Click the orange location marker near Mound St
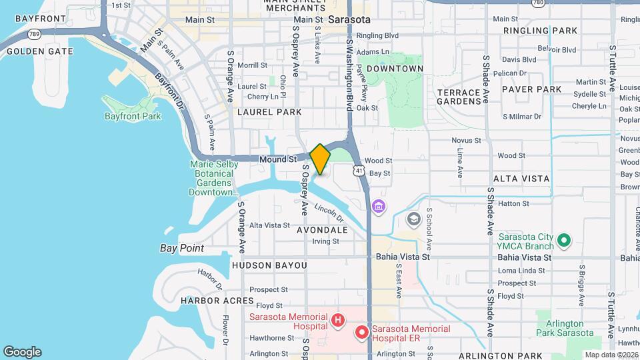pyautogui.click(x=321, y=159)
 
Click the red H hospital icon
pyautogui.click(x=338, y=321)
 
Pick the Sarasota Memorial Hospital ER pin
pyautogui.click(x=362, y=331)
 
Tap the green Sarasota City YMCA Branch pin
pyautogui.click(x=564, y=239)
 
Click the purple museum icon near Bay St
pyautogui.click(x=379, y=207)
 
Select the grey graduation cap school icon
pyautogui.click(x=414, y=219)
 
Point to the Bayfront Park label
pyautogui.click(x=133, y=116)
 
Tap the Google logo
pyautogui.click(x=22, y=352)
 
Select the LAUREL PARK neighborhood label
pyautogui.click(x=269, y=112)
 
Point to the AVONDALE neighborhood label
pyautogui.click(x=323, y=230)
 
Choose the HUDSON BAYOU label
pyautogui.click(x=269, y=265)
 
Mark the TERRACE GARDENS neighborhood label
pyautogui.click(x=459, y=97)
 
